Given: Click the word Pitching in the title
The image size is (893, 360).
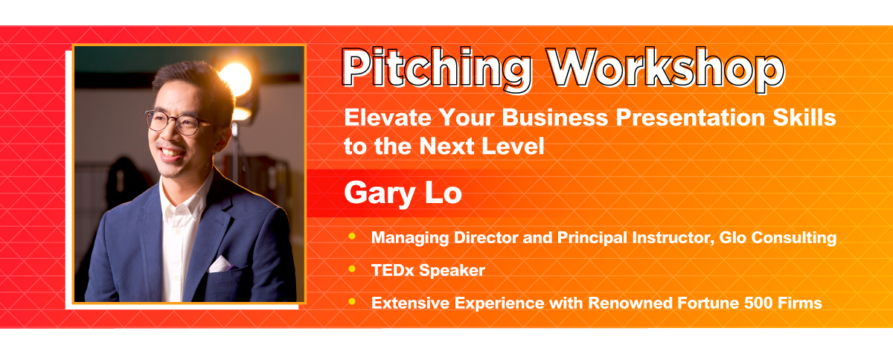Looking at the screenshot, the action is click(438, 68).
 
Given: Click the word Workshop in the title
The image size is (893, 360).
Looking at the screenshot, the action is click(666, 69).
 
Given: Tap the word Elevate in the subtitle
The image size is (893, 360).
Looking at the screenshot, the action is click(388, 118).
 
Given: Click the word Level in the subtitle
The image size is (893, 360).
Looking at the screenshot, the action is click(513, 146).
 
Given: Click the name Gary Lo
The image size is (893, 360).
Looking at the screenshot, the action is click(403, 193).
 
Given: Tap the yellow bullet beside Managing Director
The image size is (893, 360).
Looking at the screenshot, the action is click(351, 237).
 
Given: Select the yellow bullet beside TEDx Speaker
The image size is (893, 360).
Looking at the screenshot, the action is click(351, 269).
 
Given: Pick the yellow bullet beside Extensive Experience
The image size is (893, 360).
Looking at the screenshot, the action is click(351, 302).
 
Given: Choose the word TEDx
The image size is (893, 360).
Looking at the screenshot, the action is click(393, 270).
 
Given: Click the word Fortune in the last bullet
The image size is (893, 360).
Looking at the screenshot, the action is click(708, 303).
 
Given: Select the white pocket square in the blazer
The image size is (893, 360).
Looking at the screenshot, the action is click(220, 265).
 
